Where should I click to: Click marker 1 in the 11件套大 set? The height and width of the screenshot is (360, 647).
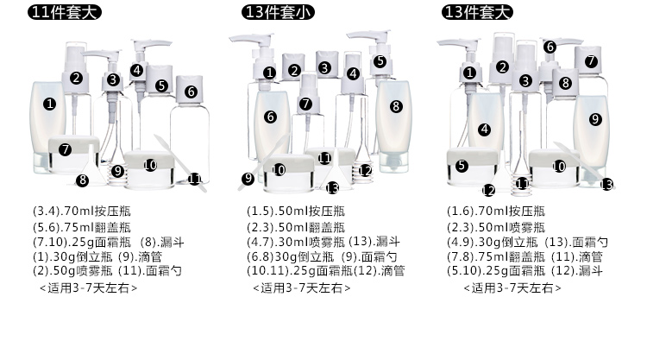point(49,104)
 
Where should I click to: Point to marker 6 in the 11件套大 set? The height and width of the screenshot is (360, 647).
point(191,91)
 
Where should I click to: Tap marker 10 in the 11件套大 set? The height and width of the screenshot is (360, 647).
point(150,165)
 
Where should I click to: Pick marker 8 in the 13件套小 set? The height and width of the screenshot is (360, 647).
point(396,106)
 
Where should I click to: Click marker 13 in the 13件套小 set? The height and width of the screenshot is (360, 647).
point(332,186)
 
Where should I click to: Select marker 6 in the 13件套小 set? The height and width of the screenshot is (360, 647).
point(271,117)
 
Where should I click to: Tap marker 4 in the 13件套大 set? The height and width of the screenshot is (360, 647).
point(485,129)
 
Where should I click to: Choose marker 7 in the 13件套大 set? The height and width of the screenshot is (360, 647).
point(591,61)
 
